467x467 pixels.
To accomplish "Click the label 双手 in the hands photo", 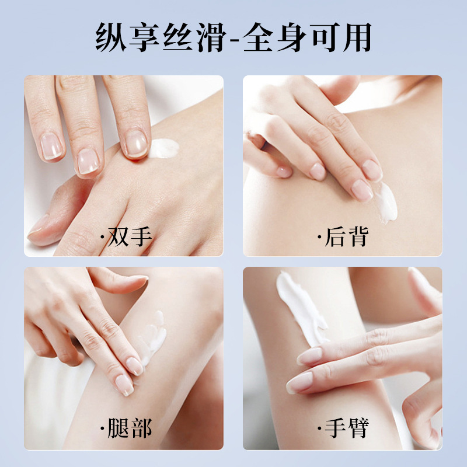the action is [130, 237].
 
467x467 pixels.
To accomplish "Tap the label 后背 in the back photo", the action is [346, 237].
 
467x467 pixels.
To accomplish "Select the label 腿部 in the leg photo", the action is [130, 428].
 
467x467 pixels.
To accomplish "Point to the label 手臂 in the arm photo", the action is [347, 428].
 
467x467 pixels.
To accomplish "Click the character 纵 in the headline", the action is [111, 37].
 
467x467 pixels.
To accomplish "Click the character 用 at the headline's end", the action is [357, 37].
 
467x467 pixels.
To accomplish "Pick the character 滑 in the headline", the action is [212, 37].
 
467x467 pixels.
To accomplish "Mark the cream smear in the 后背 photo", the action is [386, 203].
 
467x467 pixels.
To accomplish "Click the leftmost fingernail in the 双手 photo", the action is [51, 146].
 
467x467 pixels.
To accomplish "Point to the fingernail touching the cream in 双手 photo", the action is [136, 144].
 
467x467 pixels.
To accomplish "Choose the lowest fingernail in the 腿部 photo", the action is [124, 385].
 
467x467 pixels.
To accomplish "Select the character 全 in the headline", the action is [257, 37].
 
